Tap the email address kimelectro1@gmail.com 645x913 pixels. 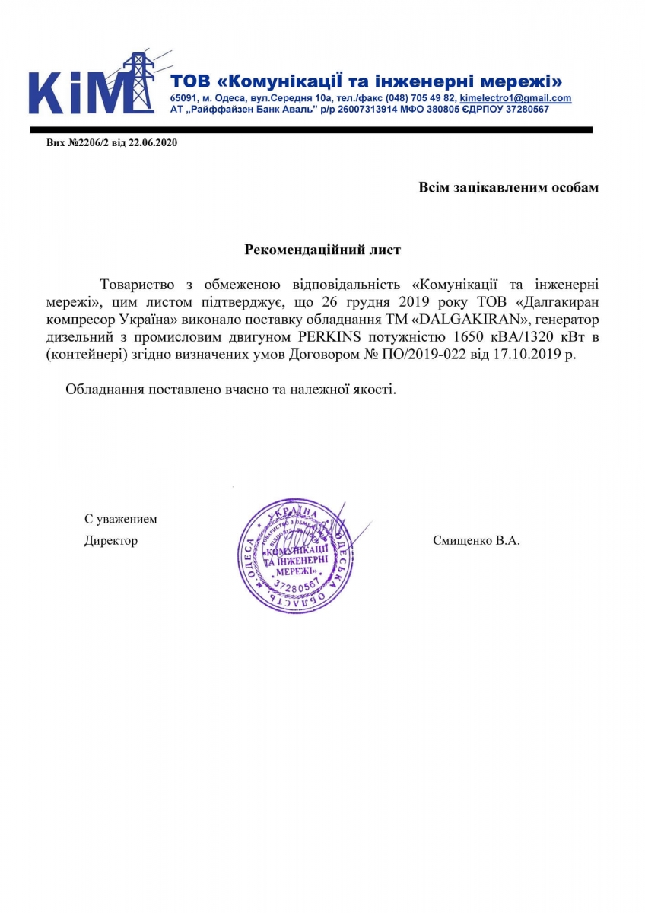[516, 99]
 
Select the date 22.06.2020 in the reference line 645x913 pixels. [152, 142]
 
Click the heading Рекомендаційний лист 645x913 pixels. [322, 249]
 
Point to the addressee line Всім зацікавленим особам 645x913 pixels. [508, 187]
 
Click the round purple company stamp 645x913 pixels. [296, 556]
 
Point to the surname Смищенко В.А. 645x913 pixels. [475, 541]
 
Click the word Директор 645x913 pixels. [111, 541]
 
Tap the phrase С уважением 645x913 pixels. [120, 520]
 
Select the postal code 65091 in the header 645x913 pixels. [183, 99]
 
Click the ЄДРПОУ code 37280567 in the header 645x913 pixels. [523, 110]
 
